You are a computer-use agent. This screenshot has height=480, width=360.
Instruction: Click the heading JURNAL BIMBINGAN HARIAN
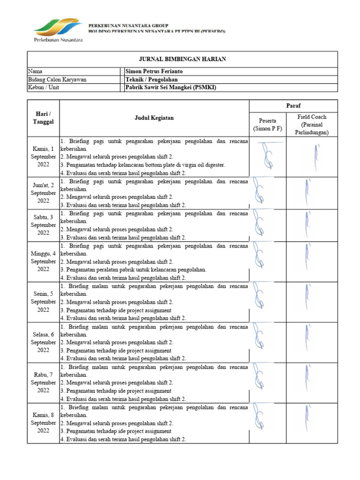(x=182, y=59)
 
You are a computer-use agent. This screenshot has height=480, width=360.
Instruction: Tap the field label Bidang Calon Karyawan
(x=57, y=79)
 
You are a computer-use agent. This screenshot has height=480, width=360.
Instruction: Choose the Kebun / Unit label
(x=44, y=87)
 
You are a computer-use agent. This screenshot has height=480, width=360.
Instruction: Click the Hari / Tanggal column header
(x=43, y=118)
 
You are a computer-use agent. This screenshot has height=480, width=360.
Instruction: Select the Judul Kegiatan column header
(x=154, y=118)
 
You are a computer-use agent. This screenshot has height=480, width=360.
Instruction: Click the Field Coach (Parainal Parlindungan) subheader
(x=312, y=124)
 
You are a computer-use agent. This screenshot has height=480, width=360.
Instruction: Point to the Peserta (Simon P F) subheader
(x=267, y=124)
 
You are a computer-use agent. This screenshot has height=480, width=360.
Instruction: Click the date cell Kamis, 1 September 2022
(x=43, y=157)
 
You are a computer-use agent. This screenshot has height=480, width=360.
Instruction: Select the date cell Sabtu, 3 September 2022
(x=43, y=225)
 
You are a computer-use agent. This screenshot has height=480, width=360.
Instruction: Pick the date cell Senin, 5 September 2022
(x=43, y=302)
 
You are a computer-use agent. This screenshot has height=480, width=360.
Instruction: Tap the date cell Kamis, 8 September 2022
(x=43, y=423)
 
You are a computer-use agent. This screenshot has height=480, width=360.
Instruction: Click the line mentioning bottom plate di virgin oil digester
(x=143, y=165)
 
